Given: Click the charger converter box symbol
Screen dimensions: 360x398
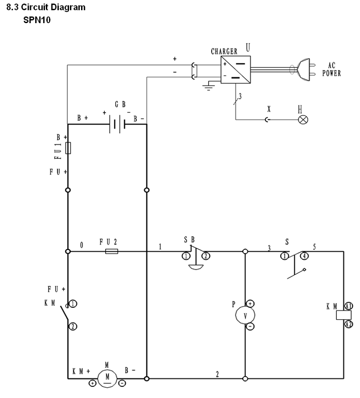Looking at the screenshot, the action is [x=235, y=69].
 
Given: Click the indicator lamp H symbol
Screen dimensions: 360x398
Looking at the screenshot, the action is [x=303, y=119].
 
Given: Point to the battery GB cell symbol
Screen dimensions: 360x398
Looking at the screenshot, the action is [x=117, y=124].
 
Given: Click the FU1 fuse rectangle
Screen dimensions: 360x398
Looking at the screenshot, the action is [x=68, y=148].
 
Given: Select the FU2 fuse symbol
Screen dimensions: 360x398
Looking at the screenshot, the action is [x=112, y=251].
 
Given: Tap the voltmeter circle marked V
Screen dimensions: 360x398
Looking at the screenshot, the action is [x=245, y=315].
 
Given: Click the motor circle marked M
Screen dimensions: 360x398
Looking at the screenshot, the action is [x=107, y=378].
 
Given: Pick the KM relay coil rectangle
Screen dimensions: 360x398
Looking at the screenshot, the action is [x=344, y=315].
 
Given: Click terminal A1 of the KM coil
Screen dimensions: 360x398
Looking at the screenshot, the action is [x=348, y=306].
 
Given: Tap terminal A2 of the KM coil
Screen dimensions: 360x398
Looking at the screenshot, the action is [x=348, y=324].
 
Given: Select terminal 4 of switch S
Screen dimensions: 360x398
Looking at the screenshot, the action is [x=304, y=256].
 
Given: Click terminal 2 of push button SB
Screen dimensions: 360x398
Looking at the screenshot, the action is [x=206, y=256].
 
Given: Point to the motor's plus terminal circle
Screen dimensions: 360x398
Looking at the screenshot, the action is [x=93, y=383].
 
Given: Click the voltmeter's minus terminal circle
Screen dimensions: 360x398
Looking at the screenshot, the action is [x=250, y=326].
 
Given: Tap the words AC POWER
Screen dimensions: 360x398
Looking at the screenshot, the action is [x=332, y=69].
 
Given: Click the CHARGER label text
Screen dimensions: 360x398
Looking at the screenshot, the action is [x=224, y=51].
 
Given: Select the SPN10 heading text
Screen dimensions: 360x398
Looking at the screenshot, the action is [x=37, y=20].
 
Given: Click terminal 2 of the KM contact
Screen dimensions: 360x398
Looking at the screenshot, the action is [x=73, y=326].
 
